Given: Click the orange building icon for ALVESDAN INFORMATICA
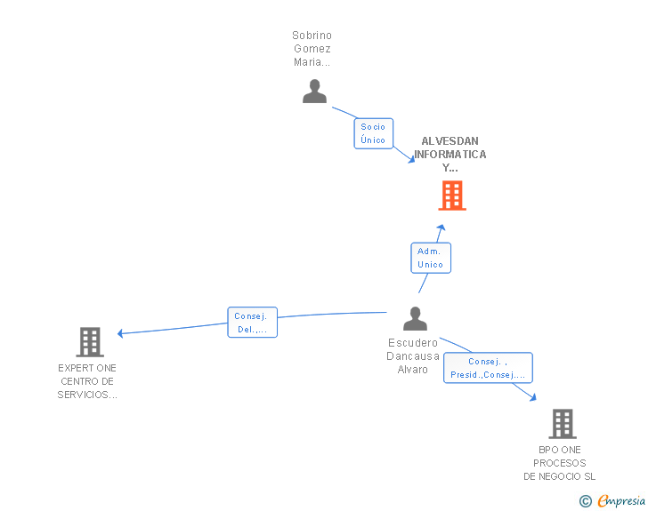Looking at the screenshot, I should point(452,196).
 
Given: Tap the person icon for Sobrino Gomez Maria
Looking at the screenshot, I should point(314,92).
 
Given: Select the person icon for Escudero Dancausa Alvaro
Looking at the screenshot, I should point(415,318).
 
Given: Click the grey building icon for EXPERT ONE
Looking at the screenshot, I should point(90,341).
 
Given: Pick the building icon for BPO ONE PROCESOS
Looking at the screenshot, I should point(562,424).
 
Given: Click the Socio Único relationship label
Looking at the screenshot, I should point(374,133).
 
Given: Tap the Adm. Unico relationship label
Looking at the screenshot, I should point(431,258).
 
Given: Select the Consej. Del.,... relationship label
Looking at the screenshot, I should point(253,323).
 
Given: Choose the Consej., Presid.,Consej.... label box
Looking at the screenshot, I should point(488,368).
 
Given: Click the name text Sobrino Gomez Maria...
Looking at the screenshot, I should point(312,49).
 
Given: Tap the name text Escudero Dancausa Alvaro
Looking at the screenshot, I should point(413,355).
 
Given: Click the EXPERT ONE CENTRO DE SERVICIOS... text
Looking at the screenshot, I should point(87,381).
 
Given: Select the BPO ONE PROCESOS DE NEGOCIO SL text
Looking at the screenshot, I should point(560,463).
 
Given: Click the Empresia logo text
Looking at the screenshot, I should point(621,501).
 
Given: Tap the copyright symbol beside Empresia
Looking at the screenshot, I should point(586,501).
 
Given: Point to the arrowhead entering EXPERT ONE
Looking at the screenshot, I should point(120,334).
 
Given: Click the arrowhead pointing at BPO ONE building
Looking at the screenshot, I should point(533,397).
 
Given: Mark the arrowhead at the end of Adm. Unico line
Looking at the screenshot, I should point(441,228).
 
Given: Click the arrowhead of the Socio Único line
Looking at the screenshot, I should point(410,160).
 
